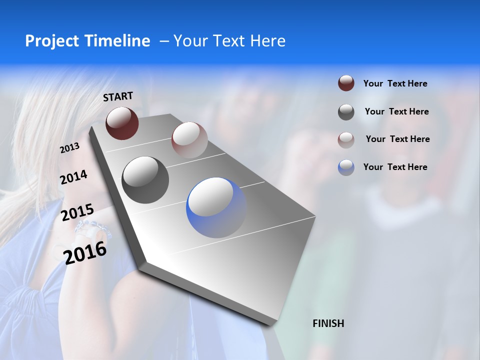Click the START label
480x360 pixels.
pos(118,96)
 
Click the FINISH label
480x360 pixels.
pos(328,323)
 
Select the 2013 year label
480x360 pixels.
pos(69,148)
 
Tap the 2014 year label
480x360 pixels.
pos(73,177)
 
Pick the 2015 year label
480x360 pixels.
pos(77,213)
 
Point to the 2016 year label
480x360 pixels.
pos(85,252)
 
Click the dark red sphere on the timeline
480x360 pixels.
pos(122,123)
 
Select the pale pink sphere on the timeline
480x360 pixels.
pos(189,139)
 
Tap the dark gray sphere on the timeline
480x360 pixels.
pos(145,179)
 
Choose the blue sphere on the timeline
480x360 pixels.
pos(216,207)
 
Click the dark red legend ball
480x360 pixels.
pos(346,83)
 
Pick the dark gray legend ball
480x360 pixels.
pos(346,112)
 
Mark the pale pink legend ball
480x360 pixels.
pos(346,139)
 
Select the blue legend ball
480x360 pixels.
pos(346,167)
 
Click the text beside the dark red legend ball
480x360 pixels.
pos(395,84)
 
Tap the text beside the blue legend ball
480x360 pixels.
pos(395,167)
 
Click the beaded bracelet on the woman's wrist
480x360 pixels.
pos(93,227)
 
